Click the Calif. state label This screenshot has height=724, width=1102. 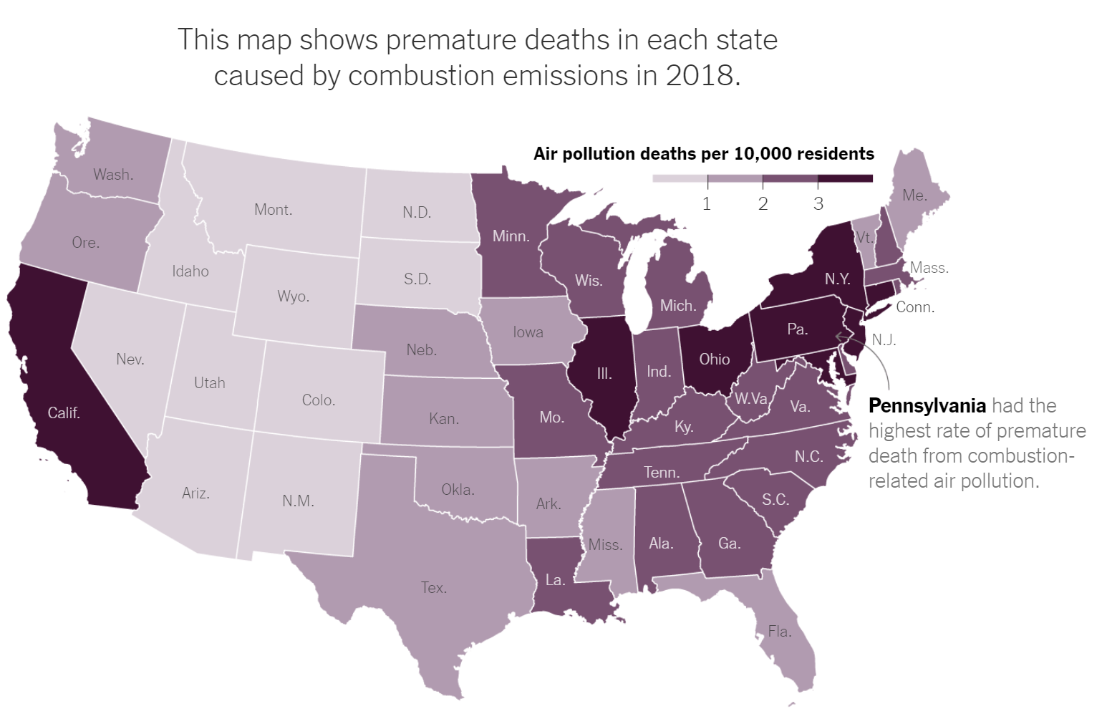click(x=64, y=412)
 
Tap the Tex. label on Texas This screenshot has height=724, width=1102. click(x=434, y=588)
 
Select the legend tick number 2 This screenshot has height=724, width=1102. click(x=763, y=204)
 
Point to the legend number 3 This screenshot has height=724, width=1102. click(x=818, y=204)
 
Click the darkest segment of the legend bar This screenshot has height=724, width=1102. click(x=845, y=178)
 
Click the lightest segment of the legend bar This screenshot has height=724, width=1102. click(x=680, y=178)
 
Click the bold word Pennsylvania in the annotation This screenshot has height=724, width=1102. click(x=927, y=406)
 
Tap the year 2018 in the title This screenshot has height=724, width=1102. click(x=699, y=75)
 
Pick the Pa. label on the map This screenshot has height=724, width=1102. click(x=797, y=329)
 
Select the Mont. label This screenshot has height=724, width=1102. click(x=273, y=210)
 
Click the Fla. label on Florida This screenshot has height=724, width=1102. click(x=780, y=632)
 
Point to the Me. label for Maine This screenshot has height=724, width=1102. click(x=914, y=196)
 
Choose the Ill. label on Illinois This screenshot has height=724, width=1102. click(x=604, y=373)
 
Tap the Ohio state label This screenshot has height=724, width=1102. click(x=714, y=359)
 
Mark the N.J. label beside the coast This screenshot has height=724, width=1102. click(x=884, y=340)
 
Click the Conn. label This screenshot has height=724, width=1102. click(x=914, y=307)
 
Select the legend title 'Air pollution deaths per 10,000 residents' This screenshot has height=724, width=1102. click(x=703, y=154)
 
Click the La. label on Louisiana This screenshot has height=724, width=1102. click(x=556, y=580)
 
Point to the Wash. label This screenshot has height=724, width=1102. click(x=113, y=175)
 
